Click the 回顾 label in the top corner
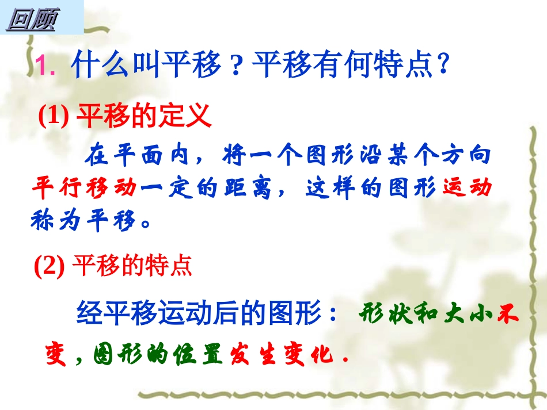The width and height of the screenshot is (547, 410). tap(32, 20)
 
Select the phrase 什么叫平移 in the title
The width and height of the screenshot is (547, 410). tap(147, 66)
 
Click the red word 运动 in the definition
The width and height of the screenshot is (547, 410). tap(467, 187)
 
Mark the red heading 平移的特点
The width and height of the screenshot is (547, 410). tap(132, 266)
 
